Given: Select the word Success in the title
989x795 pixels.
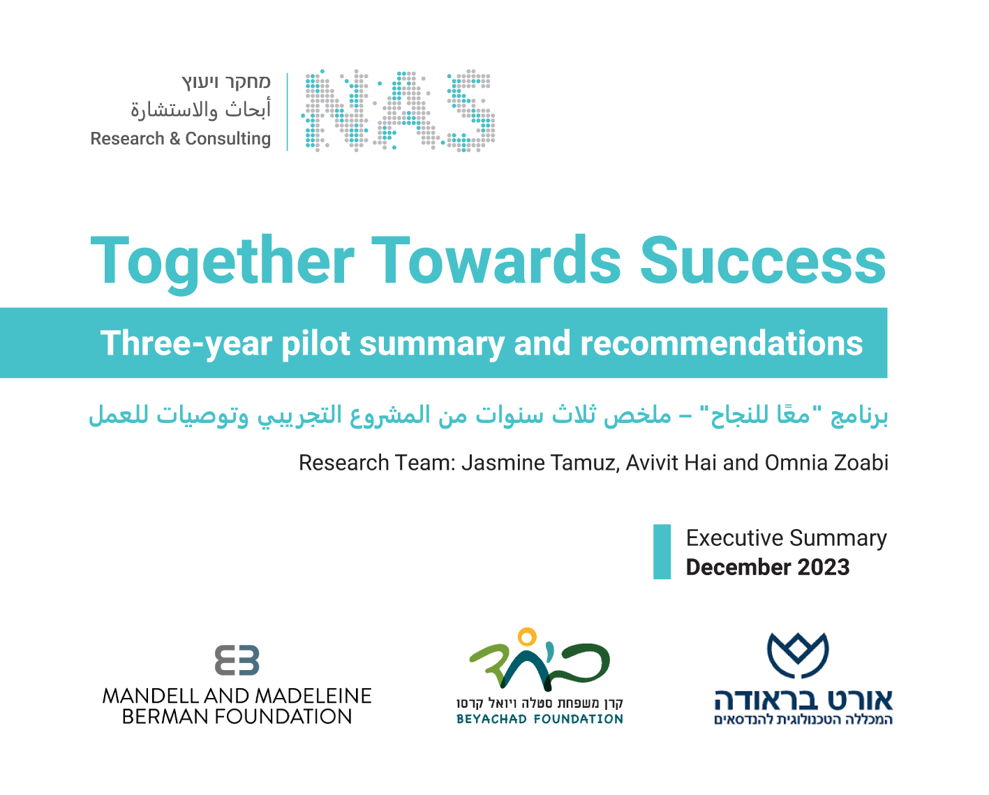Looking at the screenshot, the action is click(x=763, y=260).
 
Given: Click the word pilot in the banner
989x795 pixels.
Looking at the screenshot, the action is click(x=315, y=343).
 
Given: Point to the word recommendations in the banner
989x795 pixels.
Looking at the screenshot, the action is click(x=722, y=343).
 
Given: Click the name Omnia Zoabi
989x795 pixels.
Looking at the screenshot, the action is click(x=826, y=463).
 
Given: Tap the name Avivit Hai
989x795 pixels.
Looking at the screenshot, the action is click(x=671, y=463).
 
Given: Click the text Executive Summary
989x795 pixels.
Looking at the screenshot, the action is click(x=787, y=539).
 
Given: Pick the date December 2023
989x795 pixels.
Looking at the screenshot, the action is click(x=768, y=567).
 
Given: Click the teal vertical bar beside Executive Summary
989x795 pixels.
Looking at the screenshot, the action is click(x=662, y=552).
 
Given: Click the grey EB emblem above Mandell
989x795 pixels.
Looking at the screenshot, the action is click(x=237, y=660).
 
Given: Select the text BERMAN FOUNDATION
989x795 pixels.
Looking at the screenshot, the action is click(x=237, y=717).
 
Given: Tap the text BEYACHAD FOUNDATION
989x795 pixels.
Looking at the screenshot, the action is click(x=540, y=719).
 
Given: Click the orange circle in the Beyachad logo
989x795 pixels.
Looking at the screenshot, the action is click(x=527, y=637).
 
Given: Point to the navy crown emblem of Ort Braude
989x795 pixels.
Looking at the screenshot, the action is click(x=798, y=655).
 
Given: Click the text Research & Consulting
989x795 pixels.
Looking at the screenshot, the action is click(x=181, y=138).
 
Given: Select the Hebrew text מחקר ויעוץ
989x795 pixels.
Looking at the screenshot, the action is click(x=226, y=82).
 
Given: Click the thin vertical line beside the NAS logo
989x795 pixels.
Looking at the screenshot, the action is click(x=288, y=112).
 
